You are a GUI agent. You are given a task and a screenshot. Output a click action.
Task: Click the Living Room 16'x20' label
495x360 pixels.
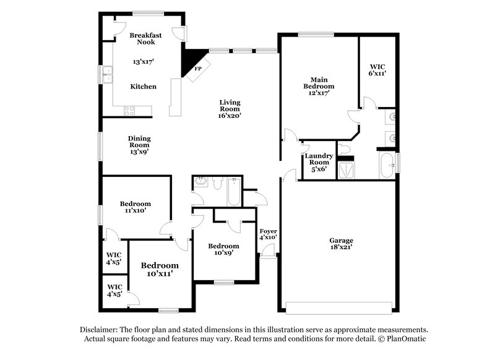pos(230,108)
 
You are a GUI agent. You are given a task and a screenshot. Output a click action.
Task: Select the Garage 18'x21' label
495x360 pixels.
pos(341,243)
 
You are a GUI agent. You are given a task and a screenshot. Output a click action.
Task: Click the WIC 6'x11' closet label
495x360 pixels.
pos(378,69)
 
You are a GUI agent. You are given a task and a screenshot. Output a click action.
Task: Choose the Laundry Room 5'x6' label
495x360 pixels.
pos(319,162)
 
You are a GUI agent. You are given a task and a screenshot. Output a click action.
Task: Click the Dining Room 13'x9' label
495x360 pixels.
pos(139,144)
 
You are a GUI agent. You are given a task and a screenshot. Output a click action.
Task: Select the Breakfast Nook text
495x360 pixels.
pos(145,39)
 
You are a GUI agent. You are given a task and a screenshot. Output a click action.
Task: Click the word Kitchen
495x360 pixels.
pos(143,87)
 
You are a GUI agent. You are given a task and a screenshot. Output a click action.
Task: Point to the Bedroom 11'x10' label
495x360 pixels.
pos(135,207)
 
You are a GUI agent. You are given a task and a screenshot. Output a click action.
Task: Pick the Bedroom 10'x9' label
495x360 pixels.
pos(223,248)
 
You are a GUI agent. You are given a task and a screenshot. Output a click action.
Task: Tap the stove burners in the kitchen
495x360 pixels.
pos(129,111)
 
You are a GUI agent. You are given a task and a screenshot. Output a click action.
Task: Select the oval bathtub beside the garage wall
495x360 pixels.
pos(387,166)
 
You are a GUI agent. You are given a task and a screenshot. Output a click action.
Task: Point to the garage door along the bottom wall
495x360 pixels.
pos(339,307)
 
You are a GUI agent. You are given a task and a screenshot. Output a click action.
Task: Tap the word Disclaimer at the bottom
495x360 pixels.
pos(99,330)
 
